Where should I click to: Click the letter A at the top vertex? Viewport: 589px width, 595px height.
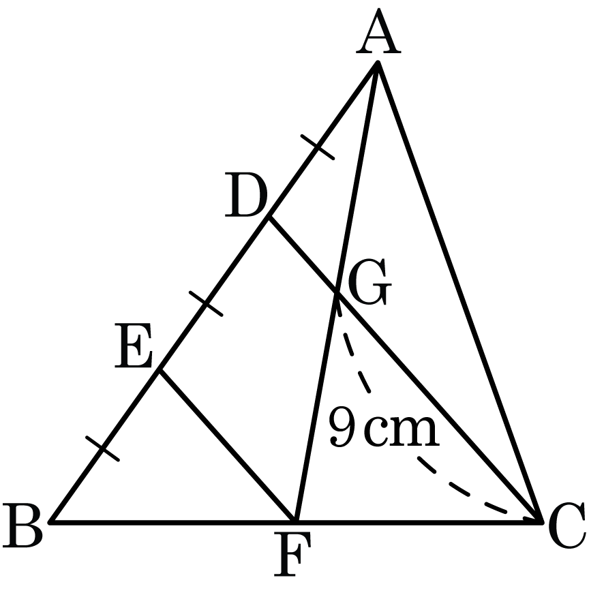coord(378,31)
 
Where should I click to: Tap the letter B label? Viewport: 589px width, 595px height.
coord(22,525)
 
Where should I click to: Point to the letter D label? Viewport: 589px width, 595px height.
coord(246,196)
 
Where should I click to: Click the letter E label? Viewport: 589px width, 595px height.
coord(133,346)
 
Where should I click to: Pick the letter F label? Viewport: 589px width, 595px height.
coord(292,553)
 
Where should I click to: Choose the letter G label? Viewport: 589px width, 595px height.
coord(367,281)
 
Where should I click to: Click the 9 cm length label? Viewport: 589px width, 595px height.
coord(384,426)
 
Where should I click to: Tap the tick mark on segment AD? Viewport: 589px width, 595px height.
coord(318,147)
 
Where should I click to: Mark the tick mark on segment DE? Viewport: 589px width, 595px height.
coord(206,303)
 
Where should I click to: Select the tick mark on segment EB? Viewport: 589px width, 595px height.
coord(102,448)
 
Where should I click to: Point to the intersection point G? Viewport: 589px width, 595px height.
coord(337,292)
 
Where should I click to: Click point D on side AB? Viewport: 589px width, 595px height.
coord(269,217)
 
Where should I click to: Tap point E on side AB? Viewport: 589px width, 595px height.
coord(160,371)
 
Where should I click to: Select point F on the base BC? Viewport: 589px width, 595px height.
coord(296,522)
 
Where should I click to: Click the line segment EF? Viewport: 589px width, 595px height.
coord(228,446)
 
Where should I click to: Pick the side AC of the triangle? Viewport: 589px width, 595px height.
coord(459,292)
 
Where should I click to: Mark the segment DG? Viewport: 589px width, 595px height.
coord(303,255)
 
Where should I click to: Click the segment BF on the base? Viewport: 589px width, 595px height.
coord(172,522)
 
